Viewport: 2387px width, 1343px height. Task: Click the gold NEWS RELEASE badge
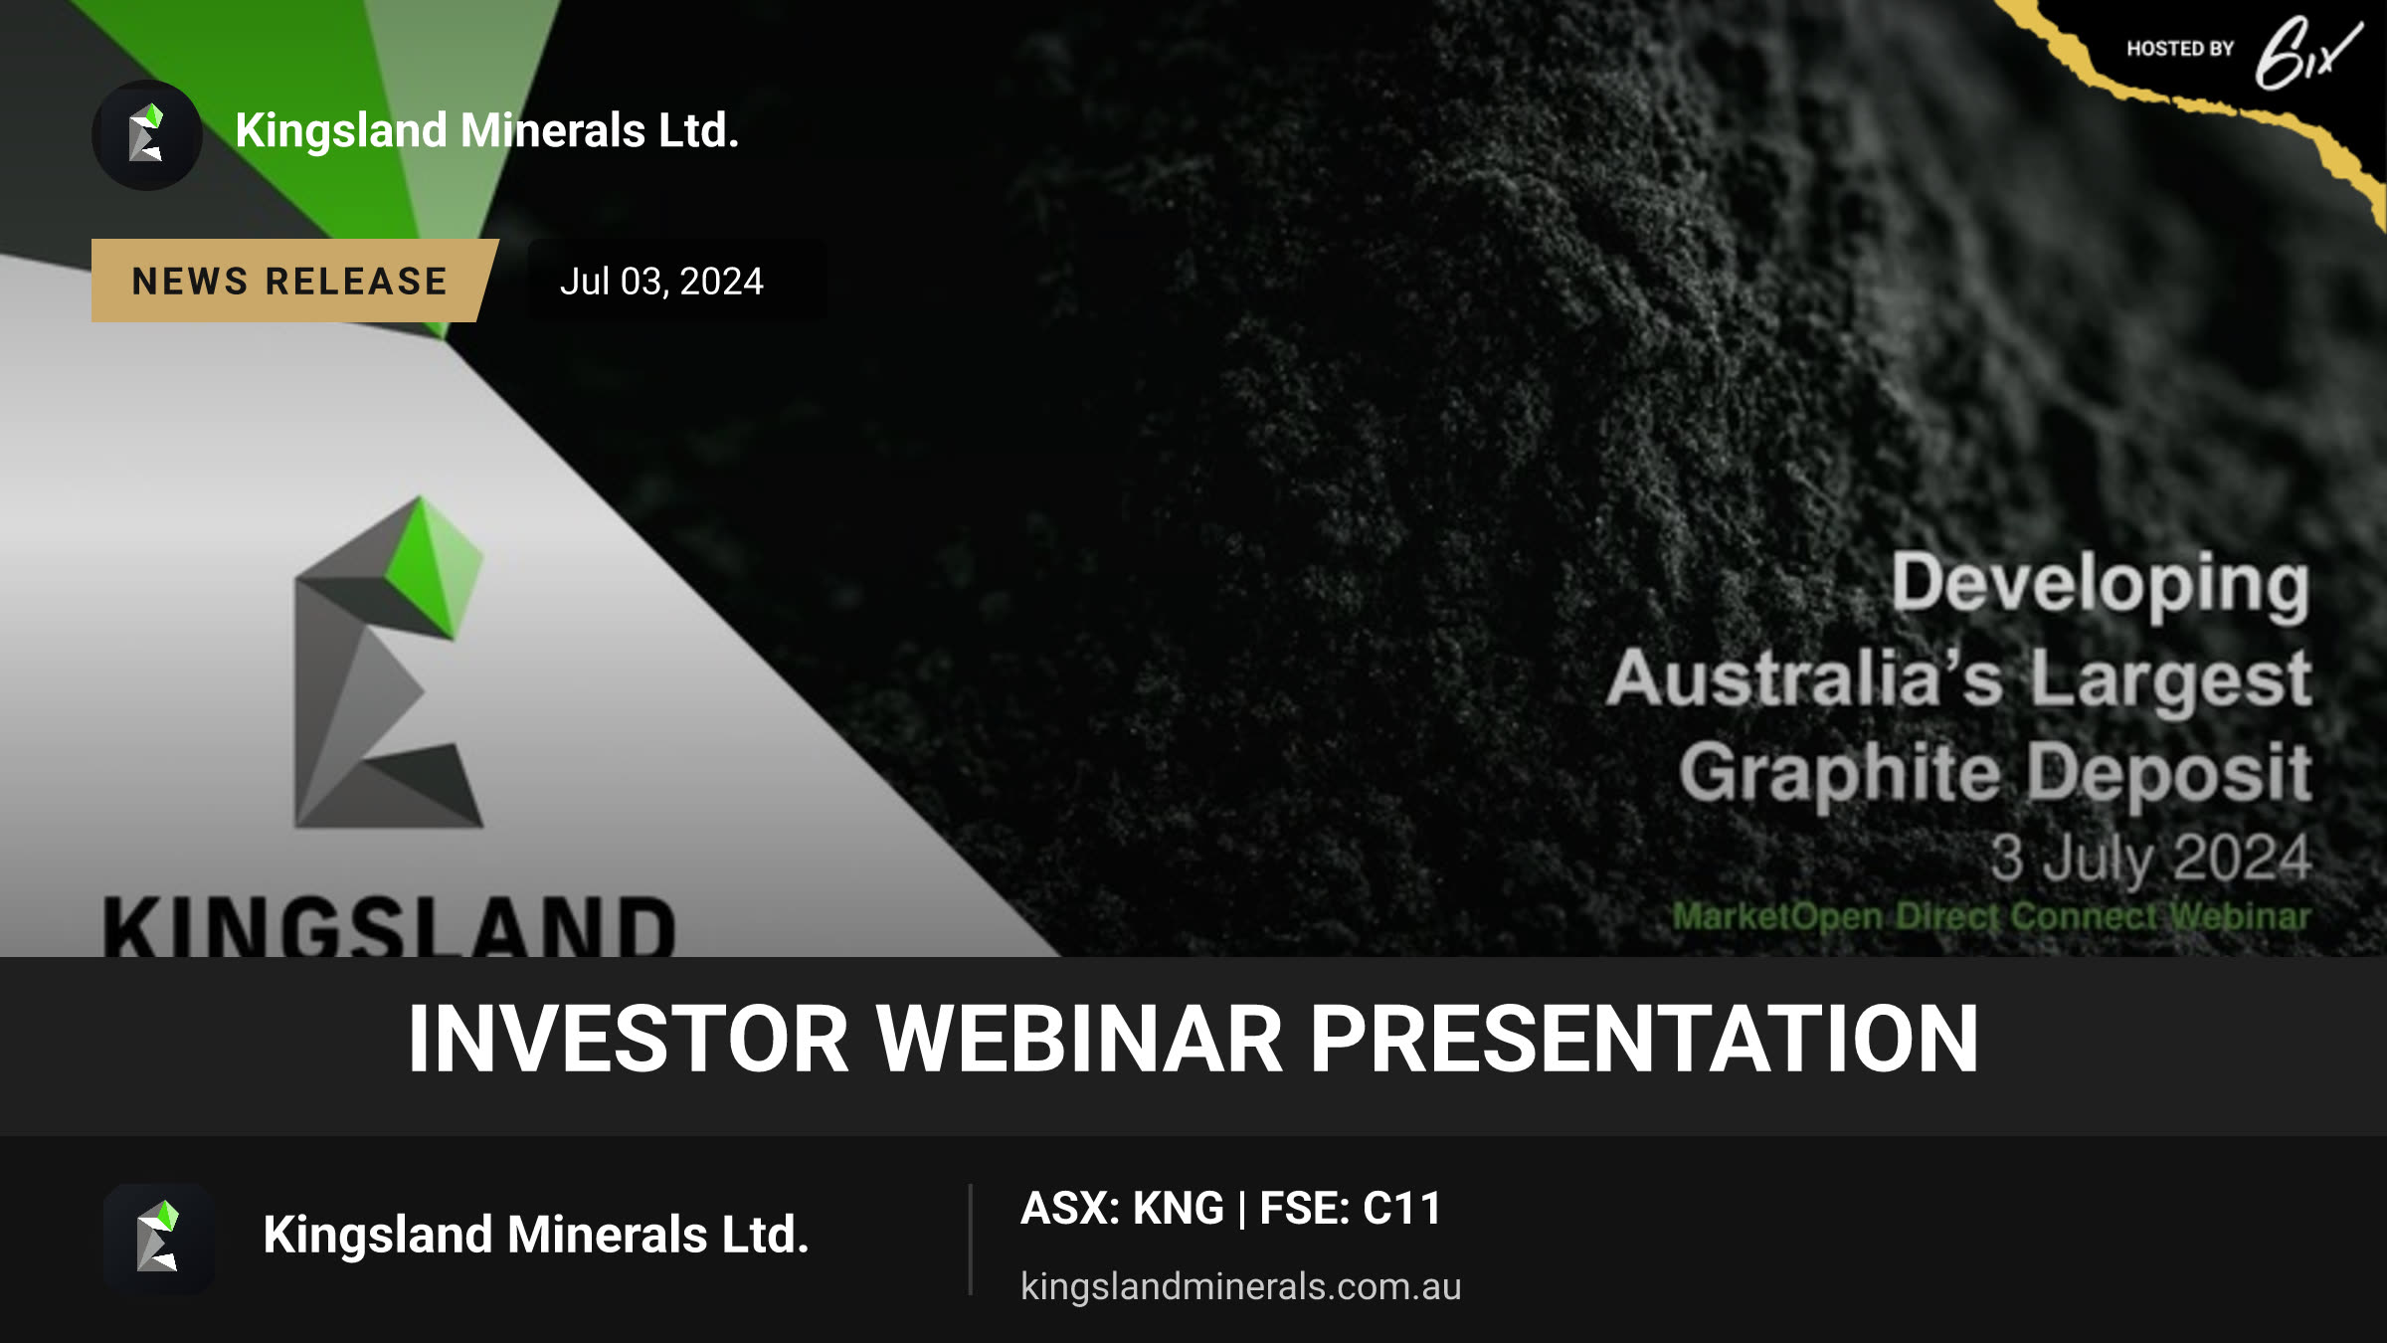point(293,281)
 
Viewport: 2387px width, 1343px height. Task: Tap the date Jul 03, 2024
point(661,282)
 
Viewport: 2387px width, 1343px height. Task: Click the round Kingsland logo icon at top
point(147,134)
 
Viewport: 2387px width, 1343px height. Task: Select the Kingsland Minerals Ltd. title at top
point(487,130)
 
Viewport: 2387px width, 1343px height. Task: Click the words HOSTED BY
point(2180,49)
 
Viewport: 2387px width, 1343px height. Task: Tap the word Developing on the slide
point(2101,584)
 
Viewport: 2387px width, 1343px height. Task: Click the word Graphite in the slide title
point(1840,773)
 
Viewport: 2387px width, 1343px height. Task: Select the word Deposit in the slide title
point(2169,773)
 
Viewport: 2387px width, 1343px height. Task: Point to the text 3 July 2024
point(2150,858)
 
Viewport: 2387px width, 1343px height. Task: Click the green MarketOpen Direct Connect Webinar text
point(1991,916)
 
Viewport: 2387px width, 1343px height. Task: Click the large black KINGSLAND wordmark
point(390,925)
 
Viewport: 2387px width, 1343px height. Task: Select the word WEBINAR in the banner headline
point(1079,1039)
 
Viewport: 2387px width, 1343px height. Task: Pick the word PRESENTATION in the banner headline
point(1644,1039)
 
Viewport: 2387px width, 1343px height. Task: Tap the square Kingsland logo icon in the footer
point(159,1239)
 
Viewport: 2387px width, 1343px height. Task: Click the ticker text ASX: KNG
point(1122,1209)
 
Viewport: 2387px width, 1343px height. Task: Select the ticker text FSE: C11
point(1351,1209)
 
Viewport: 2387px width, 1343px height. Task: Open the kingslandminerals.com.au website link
point(1241,1286)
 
